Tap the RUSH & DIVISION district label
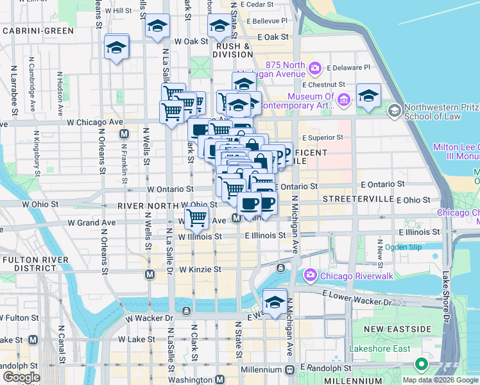click(x=232, y=50)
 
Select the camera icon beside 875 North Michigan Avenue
click(x=315, y=67)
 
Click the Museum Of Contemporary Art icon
click(x=344, y=99)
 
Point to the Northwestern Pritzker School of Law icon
click(x=394, y=111)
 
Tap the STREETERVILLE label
click(x=358, y=199)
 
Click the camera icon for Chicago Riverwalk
click(x=310, y=275)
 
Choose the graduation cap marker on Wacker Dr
click(x=275, y=302)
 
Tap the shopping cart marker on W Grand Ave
click(x=196, y=218)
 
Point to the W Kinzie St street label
click(x=200, y=269)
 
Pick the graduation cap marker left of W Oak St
click(x=117, y=47)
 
